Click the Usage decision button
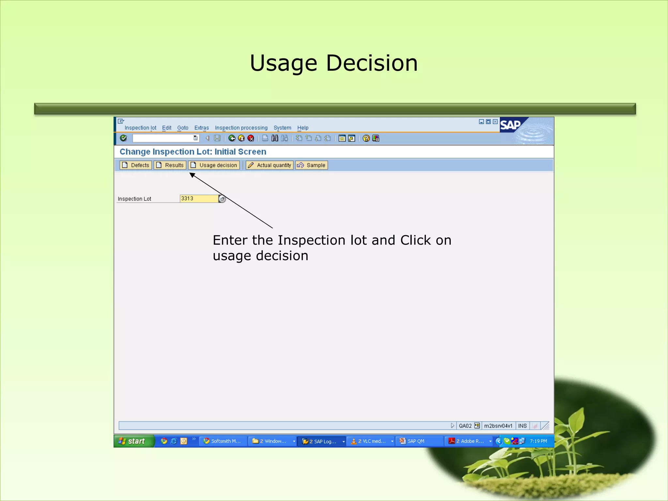[214, 165]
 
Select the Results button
[170, 165]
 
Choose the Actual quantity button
[269, 165]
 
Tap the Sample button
[311, 165]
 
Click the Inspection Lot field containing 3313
[199, 199]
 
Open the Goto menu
[183, 128]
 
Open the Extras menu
[202, 128]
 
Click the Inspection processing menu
[241, 128]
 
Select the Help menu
[303, 128]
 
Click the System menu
[282, 128]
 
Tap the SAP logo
[510, 125]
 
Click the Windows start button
[133, 441]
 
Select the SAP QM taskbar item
[416, 441]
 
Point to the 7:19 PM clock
[538, 441]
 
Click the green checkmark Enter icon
[123, 138]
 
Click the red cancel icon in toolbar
[251, 138]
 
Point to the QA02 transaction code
[465, 426]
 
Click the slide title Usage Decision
[334, 63]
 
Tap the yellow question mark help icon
[366, 138]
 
